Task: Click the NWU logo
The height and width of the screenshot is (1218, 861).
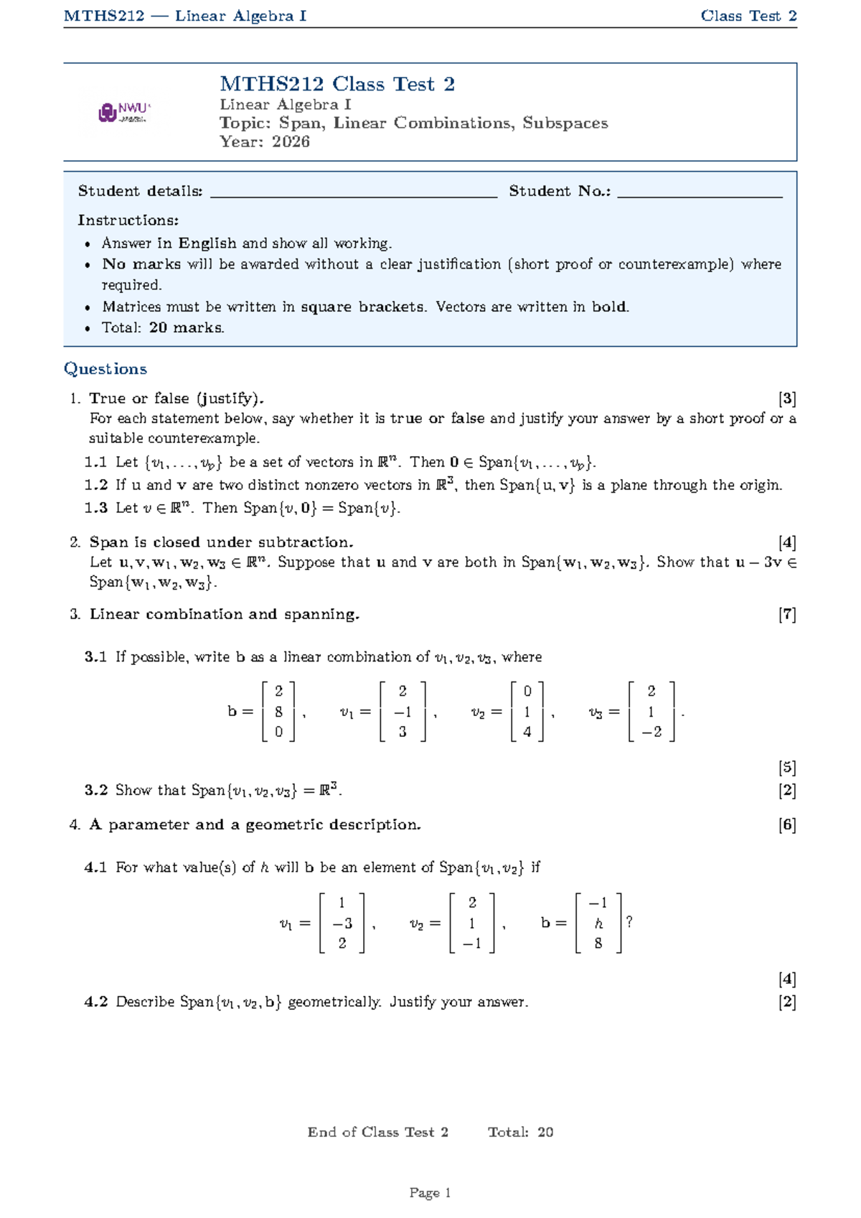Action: click(x=124, y=113)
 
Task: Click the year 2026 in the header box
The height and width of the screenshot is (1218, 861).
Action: click(x=291, y=141)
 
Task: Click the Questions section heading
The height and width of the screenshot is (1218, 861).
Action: click(x=105, y=369)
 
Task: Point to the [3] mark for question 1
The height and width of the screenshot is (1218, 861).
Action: click(x=787, y=399)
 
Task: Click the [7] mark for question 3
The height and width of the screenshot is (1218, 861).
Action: click(x=787, y=615)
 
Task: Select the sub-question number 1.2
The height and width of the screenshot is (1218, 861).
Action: click(x=96, y=485)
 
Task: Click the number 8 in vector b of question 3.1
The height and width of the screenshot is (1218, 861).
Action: click(x=278, y=712)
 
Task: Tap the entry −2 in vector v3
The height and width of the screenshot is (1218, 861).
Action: click(x=651, y=733)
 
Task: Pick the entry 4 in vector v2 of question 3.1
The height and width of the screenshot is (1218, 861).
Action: click(x=527, y=733)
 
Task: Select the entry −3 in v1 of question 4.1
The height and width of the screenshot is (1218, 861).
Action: click(x=342, y=924)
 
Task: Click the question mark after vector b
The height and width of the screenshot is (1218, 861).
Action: click(x=629, y=922)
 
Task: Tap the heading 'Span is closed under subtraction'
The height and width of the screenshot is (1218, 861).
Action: click(x=221, y=542)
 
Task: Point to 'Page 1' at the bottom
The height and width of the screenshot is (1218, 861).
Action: click(x=430, y=1193)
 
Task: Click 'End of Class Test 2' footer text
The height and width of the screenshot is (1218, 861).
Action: click(x=377, y=1133)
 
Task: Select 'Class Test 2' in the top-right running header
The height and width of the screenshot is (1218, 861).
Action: click(x=748, y=16)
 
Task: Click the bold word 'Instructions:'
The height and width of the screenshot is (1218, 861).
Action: click(x=128, y=220)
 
